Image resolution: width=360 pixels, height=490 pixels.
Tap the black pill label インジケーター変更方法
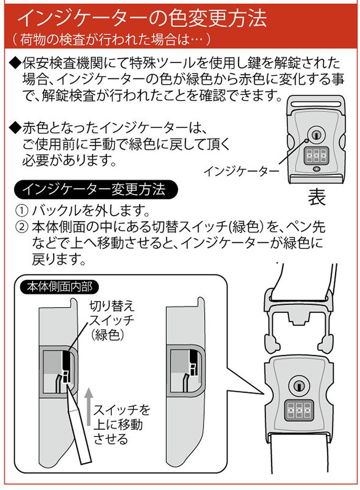(96, 189)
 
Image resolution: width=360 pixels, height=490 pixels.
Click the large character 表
(316, 197)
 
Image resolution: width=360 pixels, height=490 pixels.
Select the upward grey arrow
(88, 406)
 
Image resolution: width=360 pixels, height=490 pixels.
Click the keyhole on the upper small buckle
(315, 135)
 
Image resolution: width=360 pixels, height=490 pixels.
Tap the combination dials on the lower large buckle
(297, 411)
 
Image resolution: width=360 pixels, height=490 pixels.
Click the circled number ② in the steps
(22, 226)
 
